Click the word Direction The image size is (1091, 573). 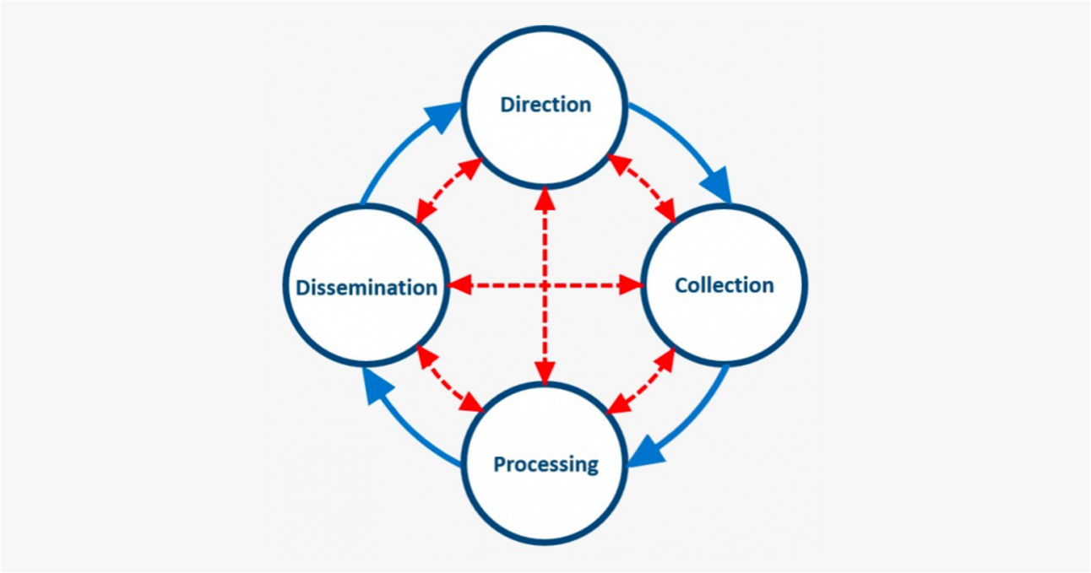point(545,105)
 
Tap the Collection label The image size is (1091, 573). point(724,285)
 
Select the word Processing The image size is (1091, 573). point(545,464)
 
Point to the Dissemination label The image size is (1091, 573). point(366,287)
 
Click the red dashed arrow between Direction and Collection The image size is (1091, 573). point(642,189)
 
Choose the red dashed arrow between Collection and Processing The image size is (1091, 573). point(642,381)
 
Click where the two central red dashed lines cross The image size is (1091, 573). point(545,286)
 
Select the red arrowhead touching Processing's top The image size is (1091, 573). point(545,372)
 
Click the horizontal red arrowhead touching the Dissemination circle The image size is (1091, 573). point(458,286)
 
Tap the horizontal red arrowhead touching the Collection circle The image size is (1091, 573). point(631,286)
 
